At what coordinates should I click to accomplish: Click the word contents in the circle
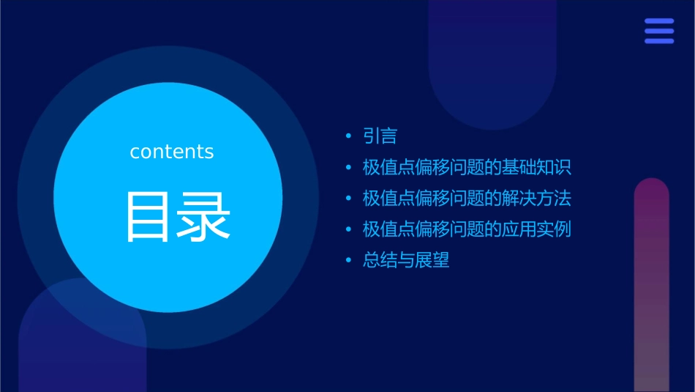172,152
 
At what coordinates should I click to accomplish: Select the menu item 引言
380,136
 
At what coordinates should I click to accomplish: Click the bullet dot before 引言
349,136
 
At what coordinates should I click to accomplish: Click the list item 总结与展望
406,260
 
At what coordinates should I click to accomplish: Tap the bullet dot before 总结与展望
349,260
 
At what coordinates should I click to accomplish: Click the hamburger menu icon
659,32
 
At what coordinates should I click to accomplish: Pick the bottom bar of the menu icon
659,41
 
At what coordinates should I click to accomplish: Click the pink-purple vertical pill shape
651,286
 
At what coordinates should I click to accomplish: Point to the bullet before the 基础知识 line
349,167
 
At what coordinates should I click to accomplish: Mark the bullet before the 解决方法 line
349,198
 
